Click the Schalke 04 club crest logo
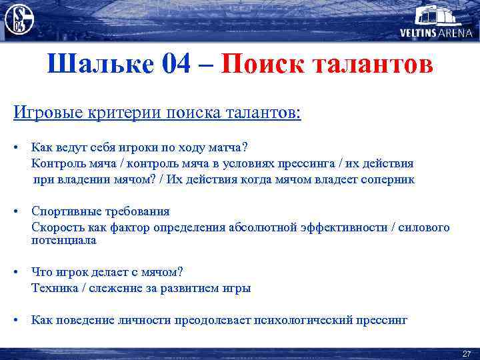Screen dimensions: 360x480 coord(19,19)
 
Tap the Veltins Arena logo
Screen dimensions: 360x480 coord(436,21)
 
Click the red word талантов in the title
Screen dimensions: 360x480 coord(373,65)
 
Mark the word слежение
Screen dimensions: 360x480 coord(111,288)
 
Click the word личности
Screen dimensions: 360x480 coord(146,320)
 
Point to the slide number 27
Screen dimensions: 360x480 coord(466,353)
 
